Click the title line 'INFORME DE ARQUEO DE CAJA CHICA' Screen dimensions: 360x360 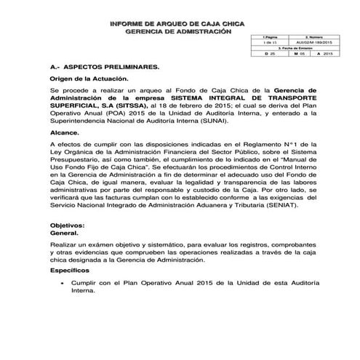[178, 24]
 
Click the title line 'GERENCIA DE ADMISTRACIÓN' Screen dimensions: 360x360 [178, 32]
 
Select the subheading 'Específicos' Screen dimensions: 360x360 [71, 290]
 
